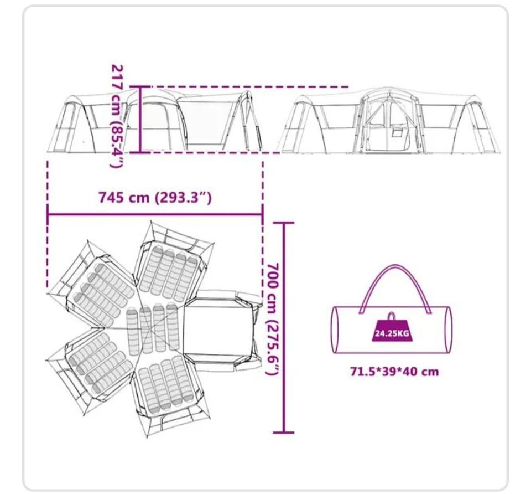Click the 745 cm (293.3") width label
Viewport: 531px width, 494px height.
[155, 197]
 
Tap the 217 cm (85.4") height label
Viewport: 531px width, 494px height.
[117, 116]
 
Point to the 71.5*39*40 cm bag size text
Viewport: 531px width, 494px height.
[394, 372]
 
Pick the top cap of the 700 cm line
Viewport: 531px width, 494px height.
[283, 223]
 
